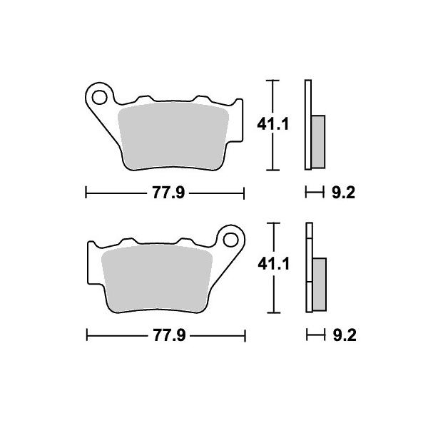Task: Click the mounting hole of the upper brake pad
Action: coord(99,97)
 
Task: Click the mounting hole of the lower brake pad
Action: coord(230,240)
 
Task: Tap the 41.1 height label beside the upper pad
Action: coord(272,125)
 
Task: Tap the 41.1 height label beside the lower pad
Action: coord(273,264)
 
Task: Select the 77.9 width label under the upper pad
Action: coord(168,193)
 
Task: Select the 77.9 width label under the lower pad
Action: coord(169,335)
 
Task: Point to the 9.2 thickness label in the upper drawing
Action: coord(343,193)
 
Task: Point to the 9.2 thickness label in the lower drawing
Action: coord(345,335)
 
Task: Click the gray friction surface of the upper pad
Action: coord(173,136)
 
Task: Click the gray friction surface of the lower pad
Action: coord(157,278)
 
